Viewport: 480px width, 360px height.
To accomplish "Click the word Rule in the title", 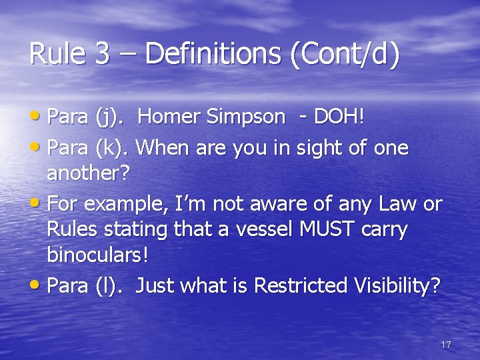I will point(59,54).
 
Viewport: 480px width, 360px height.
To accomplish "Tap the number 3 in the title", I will point(103,54).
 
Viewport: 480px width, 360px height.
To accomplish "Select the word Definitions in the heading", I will point(213,54).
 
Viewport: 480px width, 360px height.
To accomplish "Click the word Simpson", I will point(245,117).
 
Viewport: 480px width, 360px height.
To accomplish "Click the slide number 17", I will point(446,345).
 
